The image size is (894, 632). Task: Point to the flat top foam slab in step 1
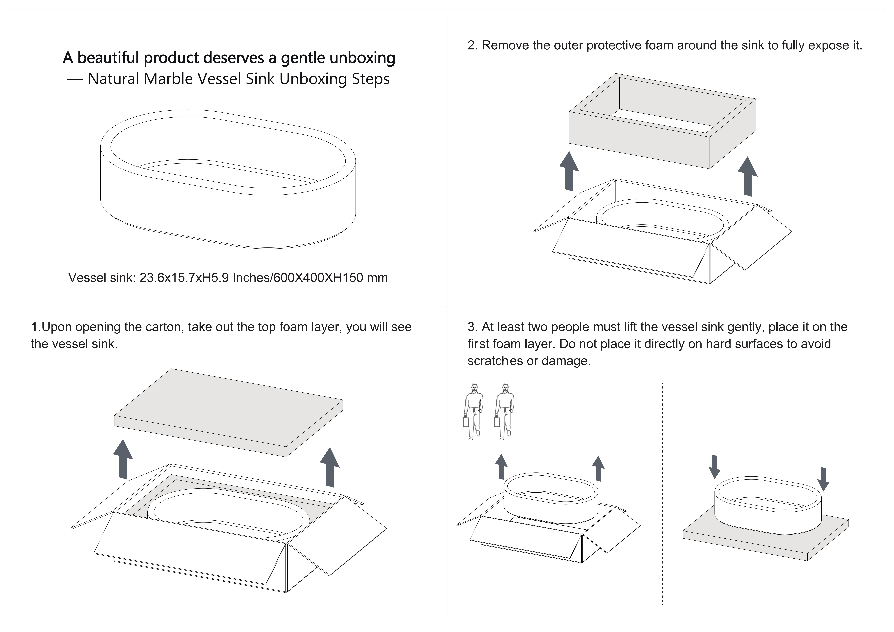point(229,413)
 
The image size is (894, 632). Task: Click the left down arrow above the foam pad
point(714,467)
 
